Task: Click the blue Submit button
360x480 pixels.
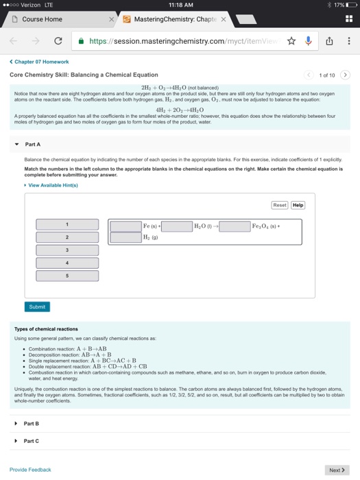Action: pos(37,307)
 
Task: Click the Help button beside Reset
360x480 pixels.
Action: pos(298,205)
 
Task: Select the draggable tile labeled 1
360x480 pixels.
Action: pos(67,225)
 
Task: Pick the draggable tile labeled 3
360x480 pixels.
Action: pos(67,250)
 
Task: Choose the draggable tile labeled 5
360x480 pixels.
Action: pos(67,276)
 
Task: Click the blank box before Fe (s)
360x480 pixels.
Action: pos(125,226)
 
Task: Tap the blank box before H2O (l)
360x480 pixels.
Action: pos(177,226)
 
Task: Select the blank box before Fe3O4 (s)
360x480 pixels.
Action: pos(235,226)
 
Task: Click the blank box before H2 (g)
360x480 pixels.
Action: pos(125,238)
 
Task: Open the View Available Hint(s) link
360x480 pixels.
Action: pos(52,185)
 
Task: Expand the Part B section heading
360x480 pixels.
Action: pos(31,424)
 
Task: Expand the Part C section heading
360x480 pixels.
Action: pos(31,441)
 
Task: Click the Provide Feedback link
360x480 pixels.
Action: pos(30,470)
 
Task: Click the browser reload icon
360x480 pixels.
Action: pos(58,40)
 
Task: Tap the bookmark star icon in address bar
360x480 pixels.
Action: pos(291,40)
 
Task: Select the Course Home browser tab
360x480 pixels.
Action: pos(43,19)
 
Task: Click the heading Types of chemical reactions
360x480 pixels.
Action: pos(46,329)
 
